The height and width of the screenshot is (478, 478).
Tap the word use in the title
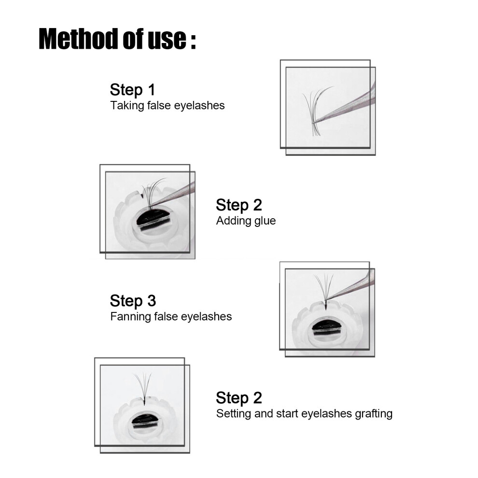[167, 39]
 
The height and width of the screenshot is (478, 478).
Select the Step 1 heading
[133, 90]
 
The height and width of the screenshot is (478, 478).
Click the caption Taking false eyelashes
[168, 105]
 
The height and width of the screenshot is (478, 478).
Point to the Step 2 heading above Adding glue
[239, 205]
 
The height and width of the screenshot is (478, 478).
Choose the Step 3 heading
[133, 301]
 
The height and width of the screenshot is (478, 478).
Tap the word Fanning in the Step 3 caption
[130, 316]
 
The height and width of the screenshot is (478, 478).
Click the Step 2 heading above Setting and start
[239, 398]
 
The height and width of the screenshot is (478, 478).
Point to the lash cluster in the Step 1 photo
[315, 112]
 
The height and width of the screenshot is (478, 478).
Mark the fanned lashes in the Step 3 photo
[324, 290]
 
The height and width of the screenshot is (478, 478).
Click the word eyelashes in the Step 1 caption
[199, 106]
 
